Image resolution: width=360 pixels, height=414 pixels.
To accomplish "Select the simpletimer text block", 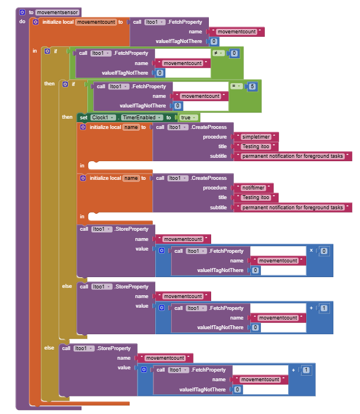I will [260, 137].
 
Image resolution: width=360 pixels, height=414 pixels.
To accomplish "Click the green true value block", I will [187, 117].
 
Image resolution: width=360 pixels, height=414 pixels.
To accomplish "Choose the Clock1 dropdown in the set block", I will [102, 117].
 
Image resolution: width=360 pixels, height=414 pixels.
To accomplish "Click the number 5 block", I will [252, 86].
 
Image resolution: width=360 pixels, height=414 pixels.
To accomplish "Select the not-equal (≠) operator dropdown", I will [218, 53].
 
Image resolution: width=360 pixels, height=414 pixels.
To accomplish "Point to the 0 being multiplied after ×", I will [324, 251].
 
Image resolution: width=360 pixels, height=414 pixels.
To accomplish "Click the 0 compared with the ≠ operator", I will [234, 53].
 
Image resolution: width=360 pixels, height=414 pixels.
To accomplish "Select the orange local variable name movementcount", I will [96, 22].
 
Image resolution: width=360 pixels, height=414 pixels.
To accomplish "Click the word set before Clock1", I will [84, 117].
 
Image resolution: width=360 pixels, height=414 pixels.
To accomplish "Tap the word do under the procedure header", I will [23, 21].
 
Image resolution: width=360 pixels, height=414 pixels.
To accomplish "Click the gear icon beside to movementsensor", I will [22, 12].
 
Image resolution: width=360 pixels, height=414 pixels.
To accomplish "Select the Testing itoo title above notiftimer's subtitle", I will [256, 197].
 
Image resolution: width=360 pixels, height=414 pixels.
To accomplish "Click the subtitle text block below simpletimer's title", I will [293, 156].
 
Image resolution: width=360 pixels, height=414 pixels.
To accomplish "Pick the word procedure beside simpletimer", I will [215, 137].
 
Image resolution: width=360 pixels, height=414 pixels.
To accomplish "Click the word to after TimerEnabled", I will [168, 117].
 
